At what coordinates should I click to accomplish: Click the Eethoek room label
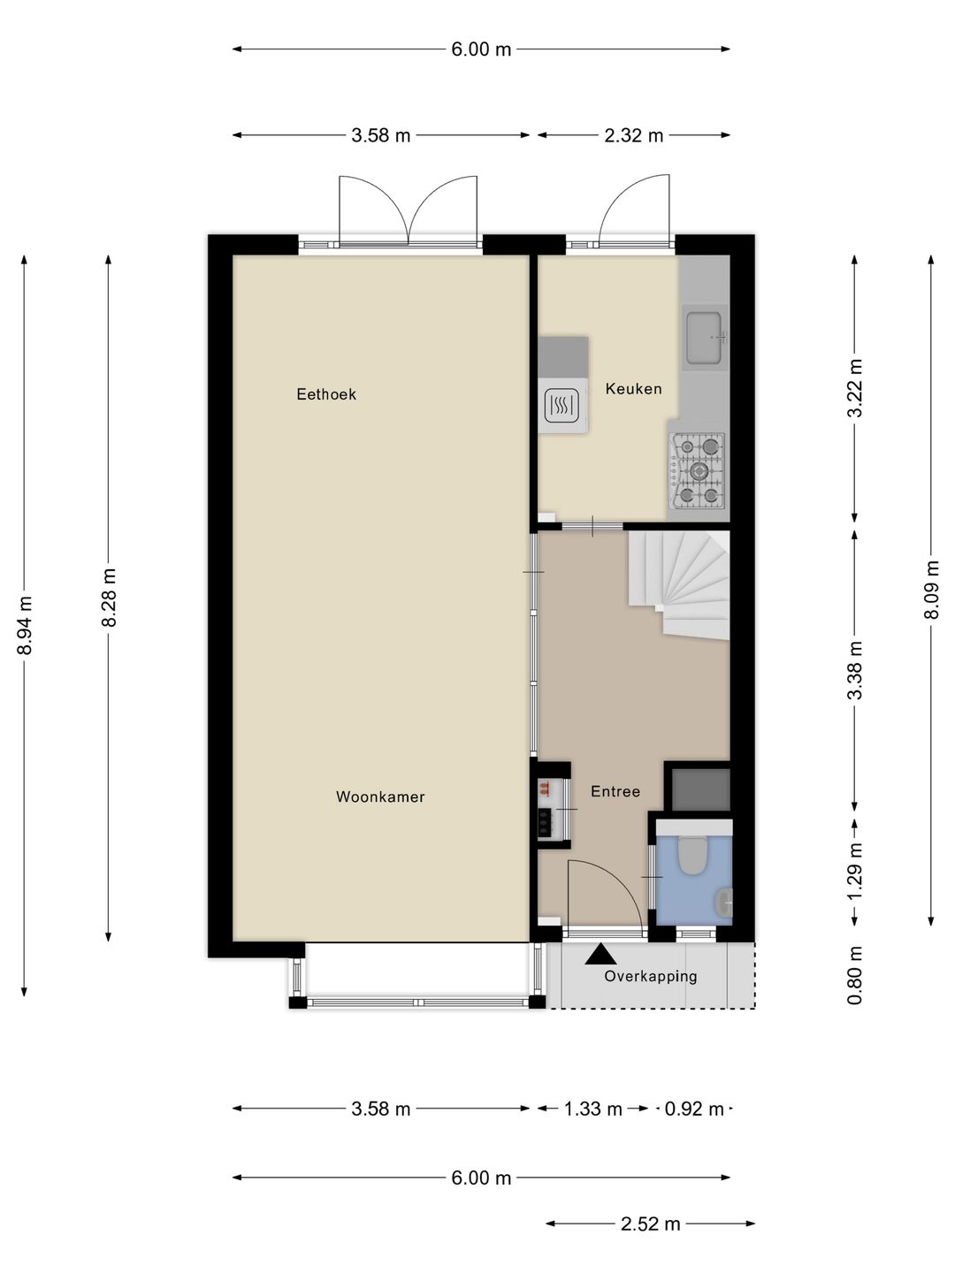coord(326,394)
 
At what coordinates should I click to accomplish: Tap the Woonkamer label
coord(380,797)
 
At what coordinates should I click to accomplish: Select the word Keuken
coord(633,389)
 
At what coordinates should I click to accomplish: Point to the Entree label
coord(615,791)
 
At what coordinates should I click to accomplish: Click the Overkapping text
coord(651,976)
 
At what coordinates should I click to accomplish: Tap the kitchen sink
coord(704,337)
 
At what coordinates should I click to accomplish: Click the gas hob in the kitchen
coord(697,471)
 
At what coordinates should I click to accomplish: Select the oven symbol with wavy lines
coord(561,406)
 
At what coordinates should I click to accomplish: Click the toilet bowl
coord(691,856)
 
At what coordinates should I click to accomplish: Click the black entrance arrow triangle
coord(600,954)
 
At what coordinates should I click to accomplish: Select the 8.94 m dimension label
coord(25,625)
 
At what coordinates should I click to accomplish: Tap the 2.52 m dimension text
coord(650,1219)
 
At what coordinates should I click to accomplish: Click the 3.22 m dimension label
coord(855,388)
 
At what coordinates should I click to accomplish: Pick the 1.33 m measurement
coord(592,1109)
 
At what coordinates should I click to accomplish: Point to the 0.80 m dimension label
coord(855,975)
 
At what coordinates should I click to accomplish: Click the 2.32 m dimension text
coord(633,135)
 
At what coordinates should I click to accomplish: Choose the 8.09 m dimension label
coord(930,590)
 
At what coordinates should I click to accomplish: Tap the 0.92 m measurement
coord(694,1109)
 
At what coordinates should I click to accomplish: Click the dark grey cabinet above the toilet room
coord(700,789)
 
